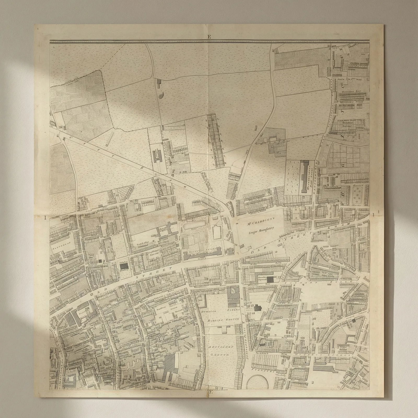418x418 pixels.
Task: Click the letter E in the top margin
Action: click(209, 37)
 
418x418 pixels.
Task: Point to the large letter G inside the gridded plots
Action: click(344, 165)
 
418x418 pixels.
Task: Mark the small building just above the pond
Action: click(159, 82)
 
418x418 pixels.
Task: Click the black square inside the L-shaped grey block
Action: click(271, 279)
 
